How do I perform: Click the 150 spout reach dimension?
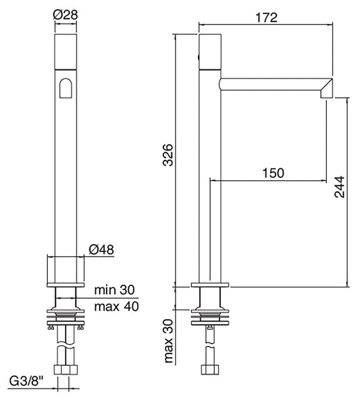pyautogui.click(x=272, y=173)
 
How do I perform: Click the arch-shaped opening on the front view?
pyautogui.click(x=65, y=88)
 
